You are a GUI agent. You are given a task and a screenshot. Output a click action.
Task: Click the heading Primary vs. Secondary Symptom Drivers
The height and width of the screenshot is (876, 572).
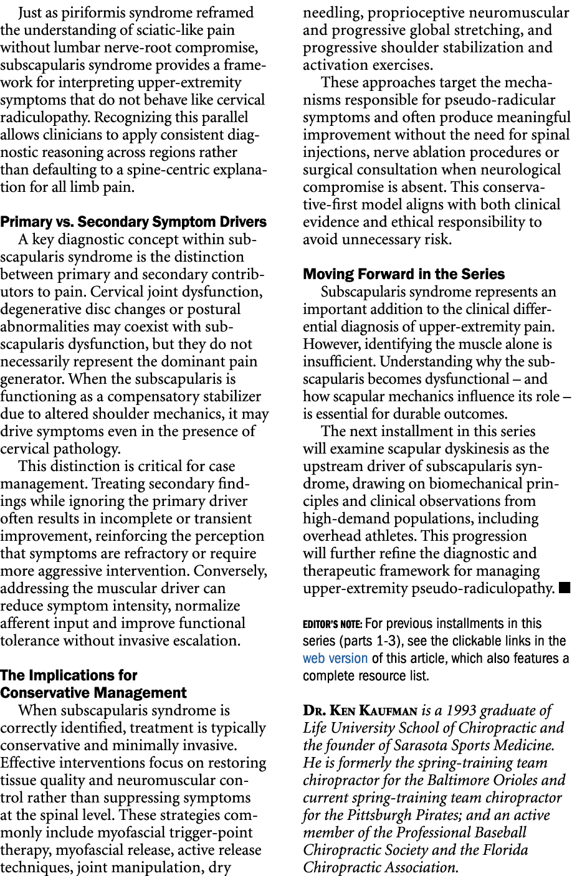pyautogui.click(x=133, y=222)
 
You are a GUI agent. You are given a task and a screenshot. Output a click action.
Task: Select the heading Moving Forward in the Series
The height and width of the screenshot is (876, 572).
pyautogui.click(x=404, y=274)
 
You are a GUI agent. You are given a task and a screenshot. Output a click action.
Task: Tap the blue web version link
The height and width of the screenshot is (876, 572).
pyautogui.click(x=335, y=658)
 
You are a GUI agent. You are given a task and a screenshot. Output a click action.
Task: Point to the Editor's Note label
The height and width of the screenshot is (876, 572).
pyautogui.click(x=333, y=624)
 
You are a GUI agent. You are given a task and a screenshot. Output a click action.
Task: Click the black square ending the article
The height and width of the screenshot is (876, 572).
pyautogui.click(x=565, y=588)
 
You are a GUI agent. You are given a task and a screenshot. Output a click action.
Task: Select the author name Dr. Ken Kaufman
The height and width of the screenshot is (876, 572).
pyautogui.click(x=360, y=710)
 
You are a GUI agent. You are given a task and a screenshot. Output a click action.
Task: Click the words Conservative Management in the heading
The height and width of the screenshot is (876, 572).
pyautogui.click(x=93, y=693)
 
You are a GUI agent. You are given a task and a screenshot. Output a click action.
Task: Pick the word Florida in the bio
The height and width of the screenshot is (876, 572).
pyautogui.click(x=507, y=850)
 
